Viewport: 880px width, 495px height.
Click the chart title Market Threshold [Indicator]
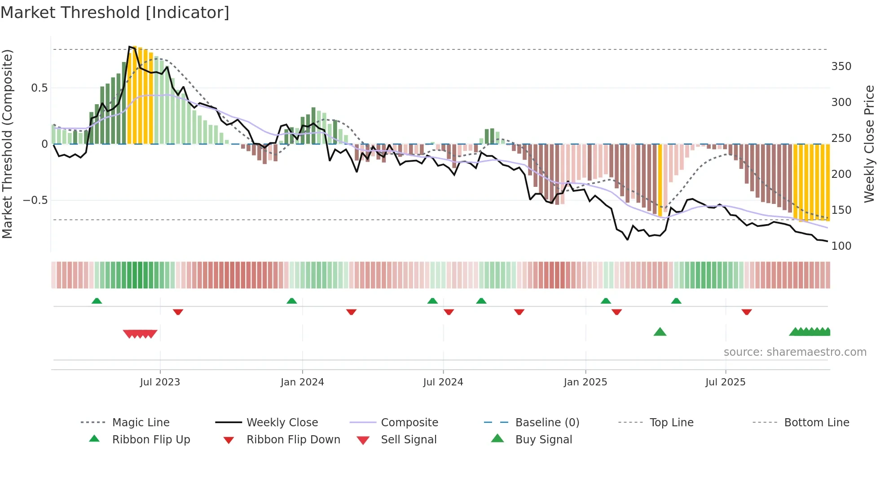115,13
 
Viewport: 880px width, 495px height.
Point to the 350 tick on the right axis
841,66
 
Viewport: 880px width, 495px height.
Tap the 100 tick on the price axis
841,246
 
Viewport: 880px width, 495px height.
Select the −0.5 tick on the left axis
35,200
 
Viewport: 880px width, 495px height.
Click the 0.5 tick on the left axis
39,88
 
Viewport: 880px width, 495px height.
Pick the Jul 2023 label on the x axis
160,382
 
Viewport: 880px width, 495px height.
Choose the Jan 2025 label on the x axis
585,382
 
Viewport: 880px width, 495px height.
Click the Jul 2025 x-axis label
725,382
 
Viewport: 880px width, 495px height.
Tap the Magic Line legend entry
141,423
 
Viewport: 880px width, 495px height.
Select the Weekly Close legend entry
282,423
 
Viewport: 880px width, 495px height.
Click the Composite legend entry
409,423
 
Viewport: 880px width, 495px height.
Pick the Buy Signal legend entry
543,440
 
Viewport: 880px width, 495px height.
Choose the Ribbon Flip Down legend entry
293,440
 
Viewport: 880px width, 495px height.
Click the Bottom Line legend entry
816,423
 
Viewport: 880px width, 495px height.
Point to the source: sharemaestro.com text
795,352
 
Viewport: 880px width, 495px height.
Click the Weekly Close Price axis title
869,144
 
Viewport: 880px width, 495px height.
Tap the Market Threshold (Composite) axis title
8,144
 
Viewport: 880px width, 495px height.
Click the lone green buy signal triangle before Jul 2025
660,332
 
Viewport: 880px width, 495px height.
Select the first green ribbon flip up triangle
97,301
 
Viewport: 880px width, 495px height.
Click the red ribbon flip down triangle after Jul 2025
746,312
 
